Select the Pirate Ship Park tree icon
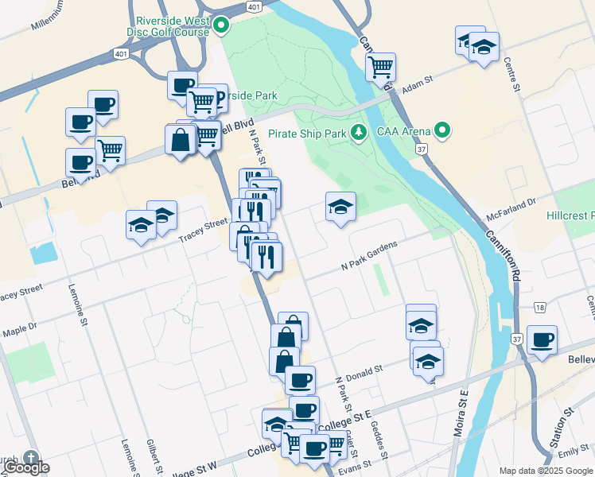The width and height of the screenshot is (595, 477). [359, 133]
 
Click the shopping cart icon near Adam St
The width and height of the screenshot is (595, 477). [381, 66]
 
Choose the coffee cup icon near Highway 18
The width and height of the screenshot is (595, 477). [542, 340]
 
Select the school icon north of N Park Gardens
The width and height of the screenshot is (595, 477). [340, 207]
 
